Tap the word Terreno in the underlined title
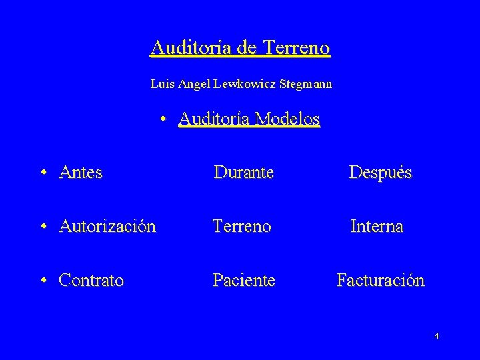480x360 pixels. click(297, 48)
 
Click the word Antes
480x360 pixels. click(81, 173)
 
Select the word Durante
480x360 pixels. click(243, 173)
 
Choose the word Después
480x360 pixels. click(381, 173)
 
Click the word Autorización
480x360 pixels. click(107, 227)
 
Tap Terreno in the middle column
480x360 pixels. click(241, 227)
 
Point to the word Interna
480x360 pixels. click(377, 227)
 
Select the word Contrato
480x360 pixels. click(91, 281)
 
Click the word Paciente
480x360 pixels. click(243, 281)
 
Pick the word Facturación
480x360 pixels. click(380, 281)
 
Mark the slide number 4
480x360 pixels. click(436, 336)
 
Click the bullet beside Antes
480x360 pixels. click(43, 173)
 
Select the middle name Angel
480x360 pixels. click(194, 85)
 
